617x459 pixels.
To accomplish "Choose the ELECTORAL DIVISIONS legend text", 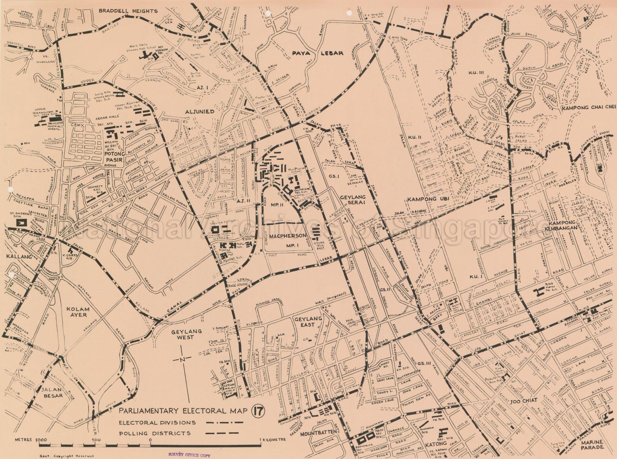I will pos(157,422).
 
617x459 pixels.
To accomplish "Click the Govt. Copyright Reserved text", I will pos(66,456).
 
